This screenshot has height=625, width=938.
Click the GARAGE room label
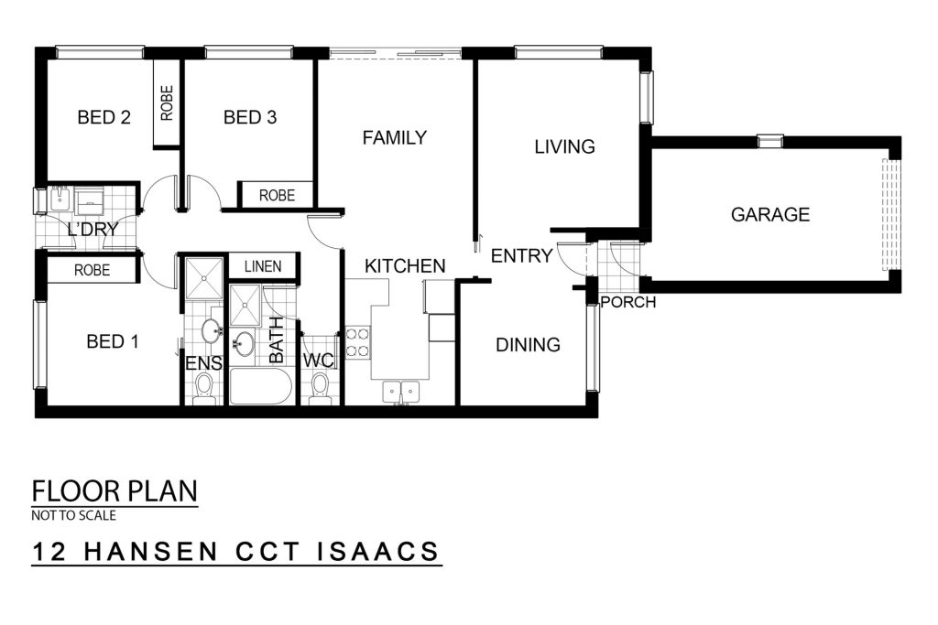pos(769,214)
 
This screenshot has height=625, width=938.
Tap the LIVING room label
pos(564,146)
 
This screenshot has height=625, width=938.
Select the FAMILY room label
pos(394,137)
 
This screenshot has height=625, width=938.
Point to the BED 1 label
pos(113,341)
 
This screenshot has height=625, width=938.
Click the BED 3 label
pos(250,117)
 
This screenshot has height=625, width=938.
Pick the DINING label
pos(529,344)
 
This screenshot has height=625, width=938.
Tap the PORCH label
pos(628,302)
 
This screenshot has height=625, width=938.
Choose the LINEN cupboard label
pos(263,266)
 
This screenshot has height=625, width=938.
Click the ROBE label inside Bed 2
pos(167,102)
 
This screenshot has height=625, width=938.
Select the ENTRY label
pos(521,255)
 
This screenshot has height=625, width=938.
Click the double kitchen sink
pos(401,392)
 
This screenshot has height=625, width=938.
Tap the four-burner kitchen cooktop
pos(358,342)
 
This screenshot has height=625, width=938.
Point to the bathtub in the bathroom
pos(261,386)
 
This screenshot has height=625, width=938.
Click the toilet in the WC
pos(320,388)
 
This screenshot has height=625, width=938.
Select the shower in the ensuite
pos(203,278)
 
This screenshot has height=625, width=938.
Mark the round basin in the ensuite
pos(211,330)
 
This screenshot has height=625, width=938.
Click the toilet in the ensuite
pos(203,388)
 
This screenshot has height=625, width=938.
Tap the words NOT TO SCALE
pos(73,515)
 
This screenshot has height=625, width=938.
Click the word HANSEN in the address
pos(151,552)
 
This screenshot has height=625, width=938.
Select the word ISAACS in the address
pos(377,552)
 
